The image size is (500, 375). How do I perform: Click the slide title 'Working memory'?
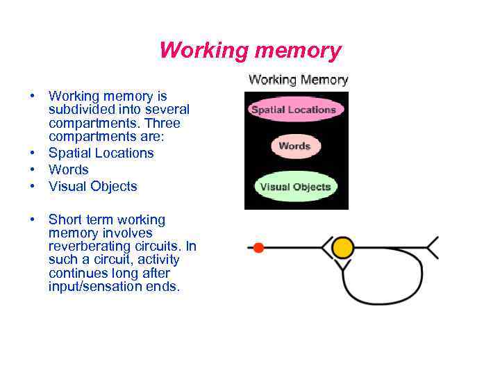coord(250,51)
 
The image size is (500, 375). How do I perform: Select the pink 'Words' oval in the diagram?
coord(294,146)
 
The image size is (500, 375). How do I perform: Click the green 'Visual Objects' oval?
coord(295,187)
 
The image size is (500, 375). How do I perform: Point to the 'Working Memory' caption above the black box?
coord(298,80)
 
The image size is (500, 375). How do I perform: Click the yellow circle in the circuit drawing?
coord(342,248)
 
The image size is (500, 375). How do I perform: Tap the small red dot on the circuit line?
coord(258,248)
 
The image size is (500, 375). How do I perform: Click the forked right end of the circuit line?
coord(432,248)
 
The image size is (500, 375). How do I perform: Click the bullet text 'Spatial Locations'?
coord(101,153)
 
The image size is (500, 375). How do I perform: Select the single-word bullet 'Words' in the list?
coord(69,169)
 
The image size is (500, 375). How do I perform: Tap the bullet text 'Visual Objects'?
coord(92,186)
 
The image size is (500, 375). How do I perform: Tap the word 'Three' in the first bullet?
coord(163,124)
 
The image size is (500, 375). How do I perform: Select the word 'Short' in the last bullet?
coord(65,219)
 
